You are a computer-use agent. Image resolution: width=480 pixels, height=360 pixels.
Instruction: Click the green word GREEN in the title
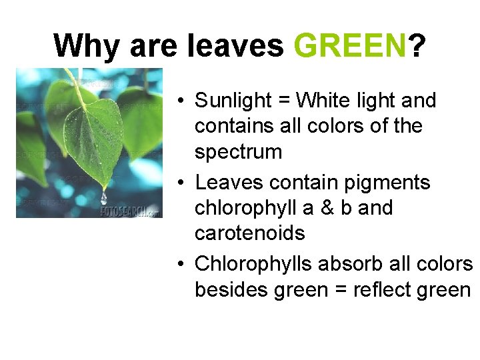coord(349,46)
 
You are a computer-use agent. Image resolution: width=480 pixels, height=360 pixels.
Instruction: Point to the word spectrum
coord(238,152)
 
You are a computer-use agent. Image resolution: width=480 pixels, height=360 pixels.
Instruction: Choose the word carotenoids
coord(249,233)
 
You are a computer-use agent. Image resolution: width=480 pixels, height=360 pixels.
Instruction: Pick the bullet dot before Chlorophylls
coord(181,265)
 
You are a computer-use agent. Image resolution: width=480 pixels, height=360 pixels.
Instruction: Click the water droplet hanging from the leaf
coord(103,198)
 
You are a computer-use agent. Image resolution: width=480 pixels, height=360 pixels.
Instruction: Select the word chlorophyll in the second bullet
coord(246,208)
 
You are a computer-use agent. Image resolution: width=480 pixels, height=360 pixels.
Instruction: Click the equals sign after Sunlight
coord(284,101)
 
